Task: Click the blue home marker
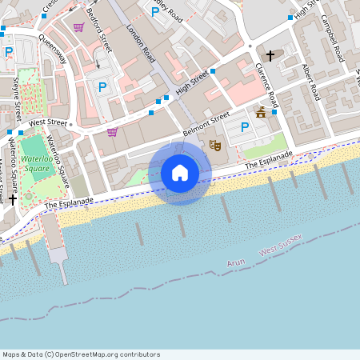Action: click(180, 172)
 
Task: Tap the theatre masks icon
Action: click(214, 145)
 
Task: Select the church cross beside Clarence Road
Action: click(271, 56)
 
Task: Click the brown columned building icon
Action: click(261, 113)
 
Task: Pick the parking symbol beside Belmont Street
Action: click(245, 126)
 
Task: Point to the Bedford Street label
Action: click(101, 32)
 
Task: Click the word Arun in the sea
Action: click(235, 262)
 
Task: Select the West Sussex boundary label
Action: click(280, 246)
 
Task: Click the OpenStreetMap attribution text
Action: click(81, 354)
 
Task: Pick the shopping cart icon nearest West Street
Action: click(112, 132)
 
